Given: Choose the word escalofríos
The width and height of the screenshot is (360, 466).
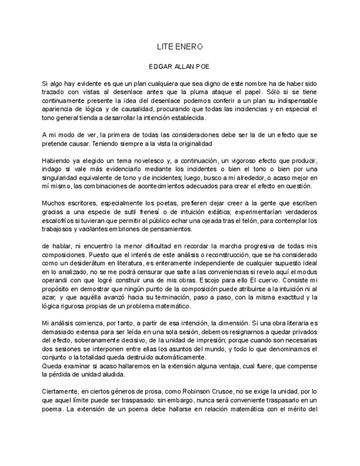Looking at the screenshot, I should coord(59,220).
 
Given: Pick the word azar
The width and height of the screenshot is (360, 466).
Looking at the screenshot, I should coord(49,297).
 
